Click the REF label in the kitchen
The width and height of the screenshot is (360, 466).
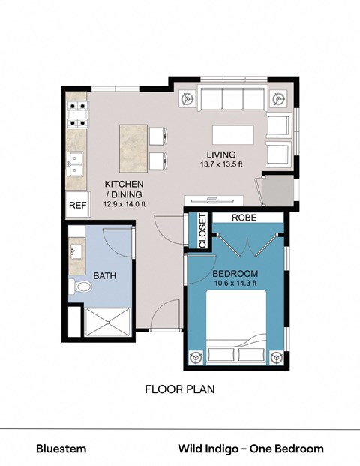coord(77,205)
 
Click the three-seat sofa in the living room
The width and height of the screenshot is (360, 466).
coord(232,99)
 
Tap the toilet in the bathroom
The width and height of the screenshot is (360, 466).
coord(80,289)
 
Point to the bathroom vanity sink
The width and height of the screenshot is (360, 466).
coord(76,250)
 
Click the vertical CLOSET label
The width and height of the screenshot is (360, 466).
coord(202,231)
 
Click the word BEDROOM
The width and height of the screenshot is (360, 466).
coord(235,273)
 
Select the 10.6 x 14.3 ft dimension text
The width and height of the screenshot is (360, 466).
coord(235,284)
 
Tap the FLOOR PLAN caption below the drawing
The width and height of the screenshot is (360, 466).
coord(179,390)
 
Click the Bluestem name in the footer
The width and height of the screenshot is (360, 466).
coord(61,449)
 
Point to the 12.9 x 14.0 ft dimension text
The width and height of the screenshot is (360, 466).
coord(124,203)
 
